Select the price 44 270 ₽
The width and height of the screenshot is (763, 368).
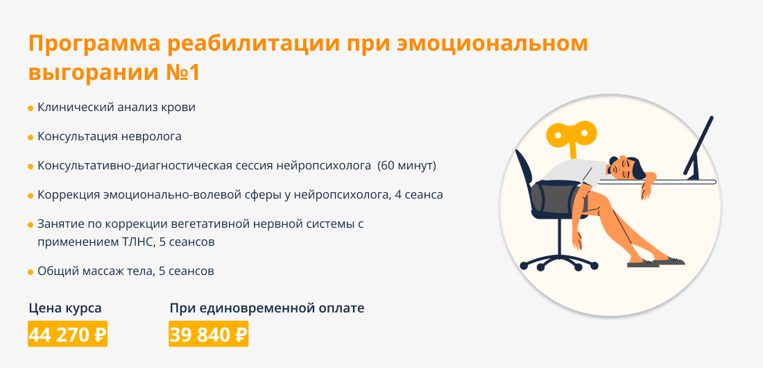[x=68, y=335]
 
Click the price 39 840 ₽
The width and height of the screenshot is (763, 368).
[x=209, y=335]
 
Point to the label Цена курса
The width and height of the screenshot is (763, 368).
[x=65, y=308]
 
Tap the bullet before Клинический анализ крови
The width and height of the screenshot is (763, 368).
[x=31, y=108]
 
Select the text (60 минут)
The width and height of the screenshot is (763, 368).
[x=407, y=166]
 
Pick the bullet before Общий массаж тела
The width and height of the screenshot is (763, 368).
[x=31, y=272]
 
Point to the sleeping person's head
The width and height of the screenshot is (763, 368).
[x=626, y=167]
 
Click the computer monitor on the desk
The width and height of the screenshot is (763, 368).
[x=698, y=147]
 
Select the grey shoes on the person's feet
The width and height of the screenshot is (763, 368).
[x=655, y=262]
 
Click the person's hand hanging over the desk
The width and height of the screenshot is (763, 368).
[x=646, y=187]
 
